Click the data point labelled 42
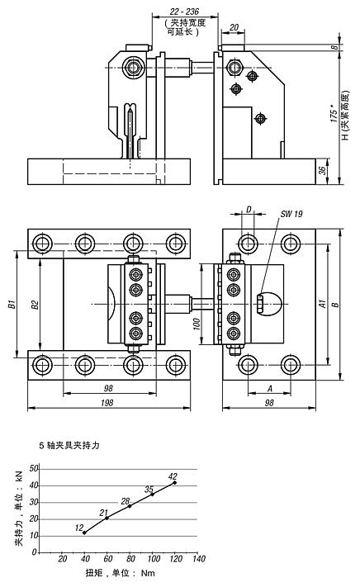[175, 482]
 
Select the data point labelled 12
[85, 533]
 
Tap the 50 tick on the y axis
[34, 468]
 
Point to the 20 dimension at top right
[234, 27]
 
